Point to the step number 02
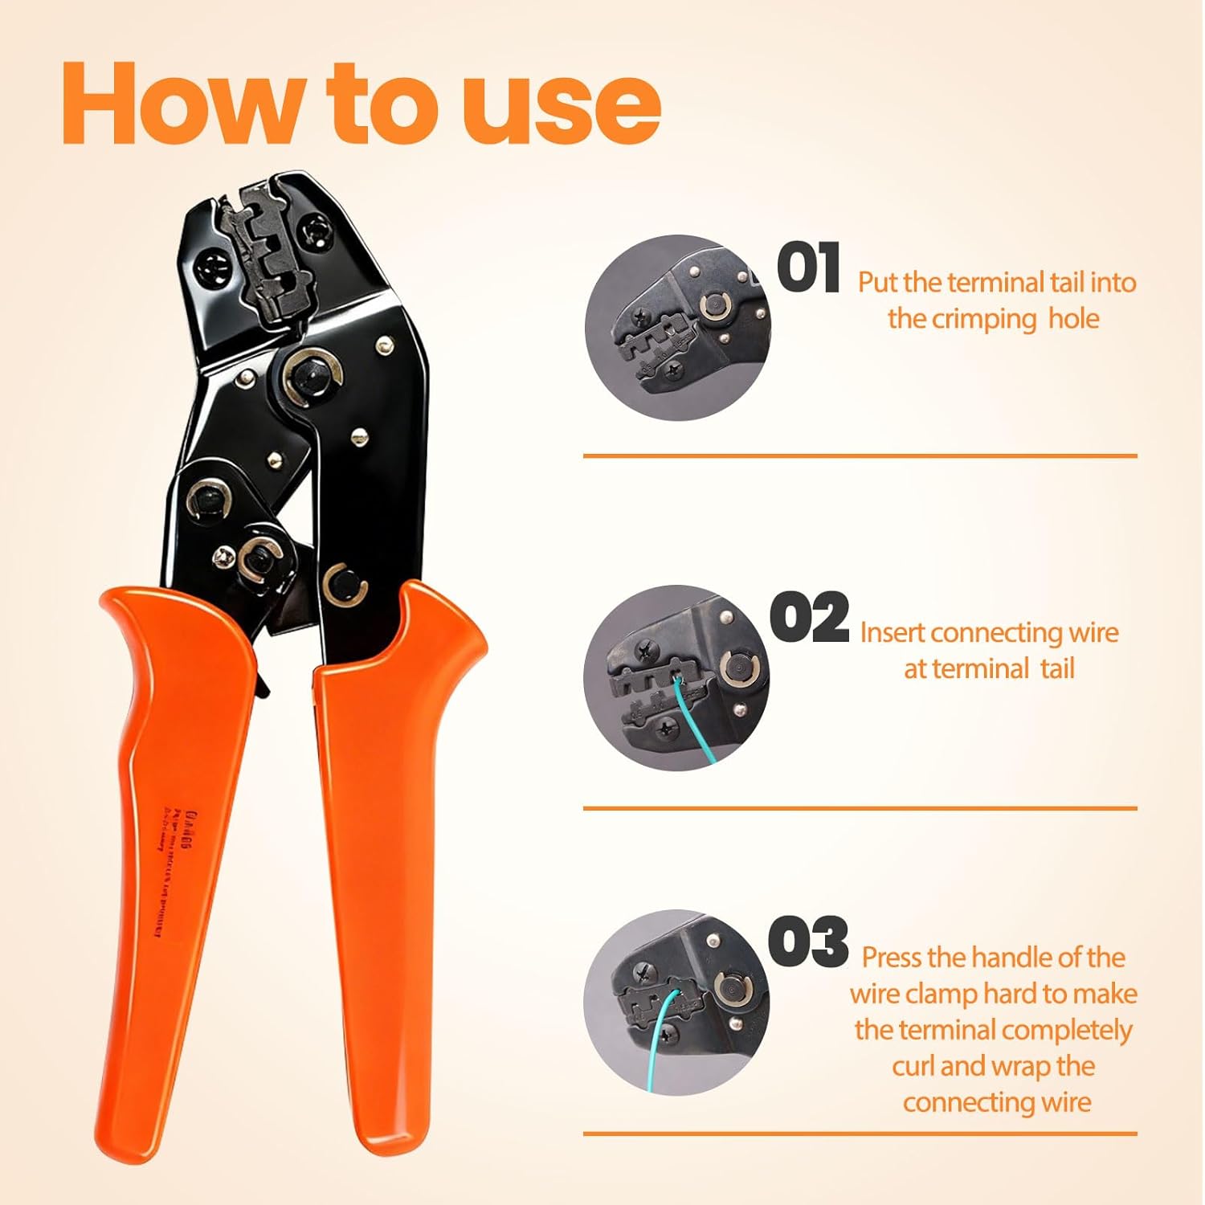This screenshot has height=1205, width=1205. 809,618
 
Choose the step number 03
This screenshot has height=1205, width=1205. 808,942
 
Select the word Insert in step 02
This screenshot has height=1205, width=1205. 893,633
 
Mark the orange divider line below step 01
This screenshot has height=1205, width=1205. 860,455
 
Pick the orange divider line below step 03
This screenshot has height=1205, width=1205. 860,1134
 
